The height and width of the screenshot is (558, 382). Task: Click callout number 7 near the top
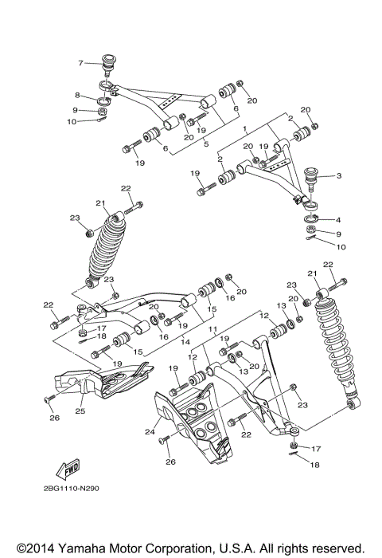tap(80, 62)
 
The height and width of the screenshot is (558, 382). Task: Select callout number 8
tap(79, 95)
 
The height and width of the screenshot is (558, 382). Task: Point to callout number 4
tap(338, 219)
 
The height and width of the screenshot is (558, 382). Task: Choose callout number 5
tap(205, 143)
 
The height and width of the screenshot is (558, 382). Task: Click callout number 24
tap(148, 433)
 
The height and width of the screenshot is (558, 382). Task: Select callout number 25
tap(80, 411)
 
